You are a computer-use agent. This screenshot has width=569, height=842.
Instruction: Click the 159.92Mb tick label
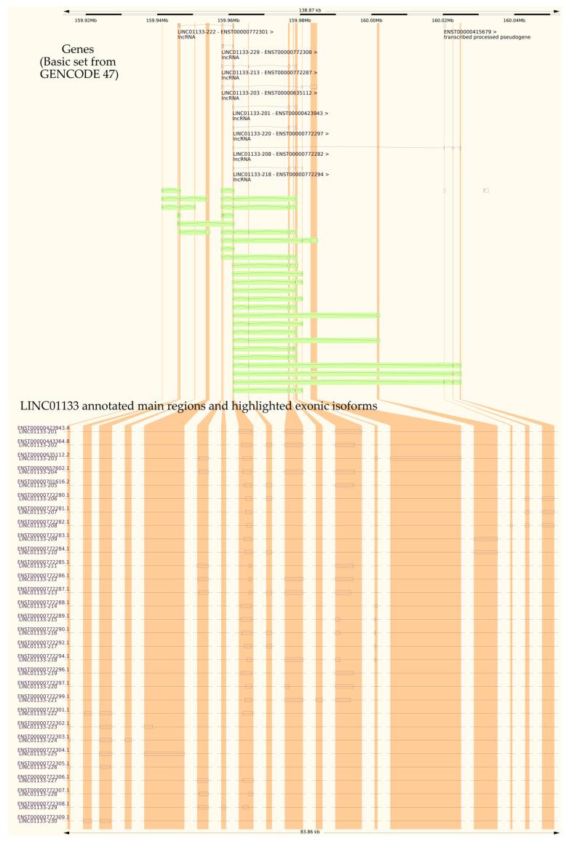tap(85, 20)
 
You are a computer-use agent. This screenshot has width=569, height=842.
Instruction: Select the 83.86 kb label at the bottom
tap(310, 831)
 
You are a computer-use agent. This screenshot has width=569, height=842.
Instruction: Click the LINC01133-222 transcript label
tap(226, 32)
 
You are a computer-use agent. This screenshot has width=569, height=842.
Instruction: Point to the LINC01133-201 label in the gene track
tap(281, 114)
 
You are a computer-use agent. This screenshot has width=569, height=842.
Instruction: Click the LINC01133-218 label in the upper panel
tap(281, 175)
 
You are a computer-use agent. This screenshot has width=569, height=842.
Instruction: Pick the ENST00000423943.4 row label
tap(44, 428)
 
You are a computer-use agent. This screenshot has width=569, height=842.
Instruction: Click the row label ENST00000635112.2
tap(44, 455)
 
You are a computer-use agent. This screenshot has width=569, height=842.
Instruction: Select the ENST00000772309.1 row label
tap(44, 817)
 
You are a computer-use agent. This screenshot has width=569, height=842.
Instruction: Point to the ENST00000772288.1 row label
tap(44, 602)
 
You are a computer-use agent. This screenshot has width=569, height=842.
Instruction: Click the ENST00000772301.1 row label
tap(44, 709)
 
